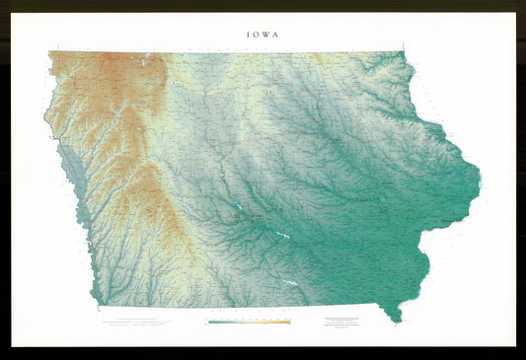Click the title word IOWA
(x=263, y=34)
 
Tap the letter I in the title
(x=249, y=34)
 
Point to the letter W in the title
(x=266, y=34)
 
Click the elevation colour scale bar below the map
(x=249, y=322)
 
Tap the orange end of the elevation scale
(x=288, y=322)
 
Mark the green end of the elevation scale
(x=209, y=322)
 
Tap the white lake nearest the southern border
(x=290, y=283)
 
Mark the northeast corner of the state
(x=404, y=53)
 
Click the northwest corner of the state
(x=48, y=53)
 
